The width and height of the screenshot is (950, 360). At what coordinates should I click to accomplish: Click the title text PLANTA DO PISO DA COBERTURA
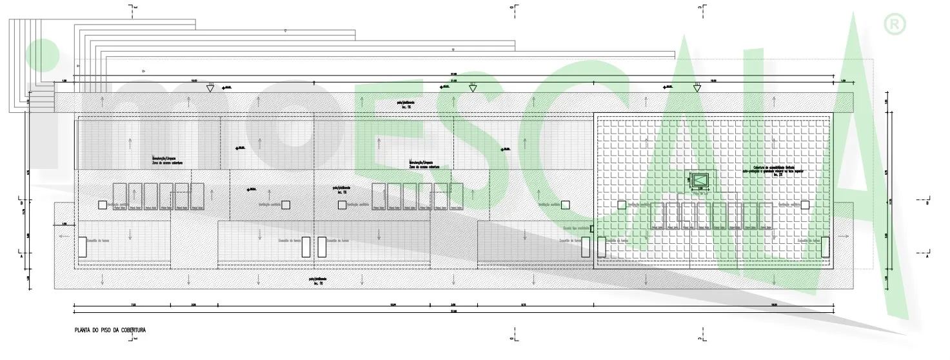click(110, 330)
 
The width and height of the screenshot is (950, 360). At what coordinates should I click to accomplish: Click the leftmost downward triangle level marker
click(210, 88)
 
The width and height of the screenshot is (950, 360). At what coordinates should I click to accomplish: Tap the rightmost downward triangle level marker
click(697, 88)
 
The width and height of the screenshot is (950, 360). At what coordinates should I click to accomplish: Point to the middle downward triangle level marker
click(473, 88)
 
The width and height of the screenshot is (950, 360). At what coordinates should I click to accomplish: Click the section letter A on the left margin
click(22, 255)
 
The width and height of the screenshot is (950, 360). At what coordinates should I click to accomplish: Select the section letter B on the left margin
click(22, 203)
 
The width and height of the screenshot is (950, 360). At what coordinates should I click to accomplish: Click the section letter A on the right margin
click(927, 255)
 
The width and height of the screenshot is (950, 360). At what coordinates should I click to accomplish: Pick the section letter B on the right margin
click(927, 203)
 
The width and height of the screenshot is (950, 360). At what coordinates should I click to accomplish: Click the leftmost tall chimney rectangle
click(83, 247)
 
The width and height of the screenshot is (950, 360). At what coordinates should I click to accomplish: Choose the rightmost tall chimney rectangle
click(825, 247)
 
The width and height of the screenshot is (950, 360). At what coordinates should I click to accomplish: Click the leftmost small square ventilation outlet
click(102, 205)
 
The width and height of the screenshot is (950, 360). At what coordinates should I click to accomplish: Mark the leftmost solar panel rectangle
click(119, 197)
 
